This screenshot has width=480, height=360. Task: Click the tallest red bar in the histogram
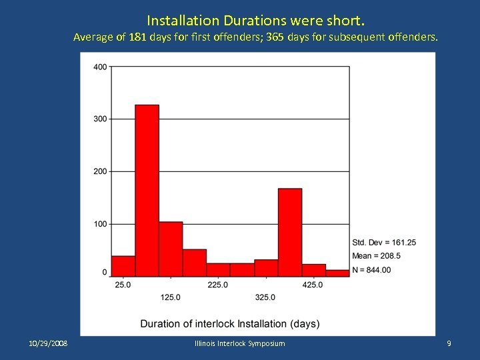[147, 190]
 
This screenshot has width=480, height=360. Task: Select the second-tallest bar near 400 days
[289, 232]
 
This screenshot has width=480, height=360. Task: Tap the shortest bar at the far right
[337, 273]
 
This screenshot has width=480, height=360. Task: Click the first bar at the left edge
[123, 266]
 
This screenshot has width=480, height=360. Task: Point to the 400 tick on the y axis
[100, 67]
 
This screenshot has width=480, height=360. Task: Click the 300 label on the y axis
[100, 119]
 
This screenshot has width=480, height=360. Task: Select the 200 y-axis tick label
[100, 171]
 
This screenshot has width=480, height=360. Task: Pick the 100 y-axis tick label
[100, 224]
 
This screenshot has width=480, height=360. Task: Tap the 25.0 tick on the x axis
[123, 285]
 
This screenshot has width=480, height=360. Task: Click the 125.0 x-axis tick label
[170, 297]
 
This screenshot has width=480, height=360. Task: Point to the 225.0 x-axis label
[217, 285]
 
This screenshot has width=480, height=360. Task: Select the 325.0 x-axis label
[265, 297]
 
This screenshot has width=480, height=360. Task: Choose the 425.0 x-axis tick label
[313, 285]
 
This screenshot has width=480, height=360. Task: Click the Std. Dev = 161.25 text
[384, 242]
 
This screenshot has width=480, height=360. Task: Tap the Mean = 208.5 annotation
[376, 256]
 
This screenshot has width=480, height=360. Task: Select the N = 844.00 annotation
[371, 270]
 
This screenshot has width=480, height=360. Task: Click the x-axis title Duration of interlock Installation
[229, 324]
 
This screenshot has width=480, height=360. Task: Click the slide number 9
[449, 343]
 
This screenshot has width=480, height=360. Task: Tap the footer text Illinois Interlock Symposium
[239, 343]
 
